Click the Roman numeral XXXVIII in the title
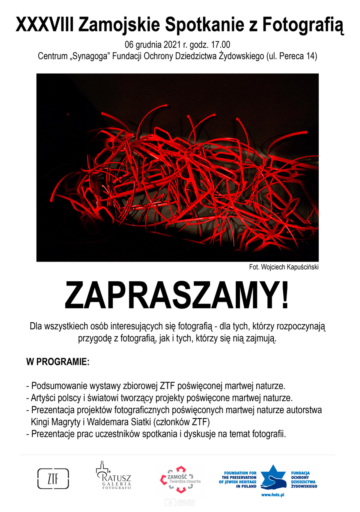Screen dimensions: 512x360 pos(44,25)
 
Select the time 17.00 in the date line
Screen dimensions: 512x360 pos(221,45)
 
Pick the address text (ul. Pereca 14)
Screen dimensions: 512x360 pos(292,56)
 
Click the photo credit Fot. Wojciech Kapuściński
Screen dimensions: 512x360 pos(284,267)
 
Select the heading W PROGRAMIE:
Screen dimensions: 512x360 pos(58,362)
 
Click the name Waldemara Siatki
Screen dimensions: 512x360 pos(119,422)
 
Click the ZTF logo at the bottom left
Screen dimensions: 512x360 pos(53,479)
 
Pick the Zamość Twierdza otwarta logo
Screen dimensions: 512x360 pos(180,479)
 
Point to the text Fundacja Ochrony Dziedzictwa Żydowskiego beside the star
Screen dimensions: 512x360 pos(304,480)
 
